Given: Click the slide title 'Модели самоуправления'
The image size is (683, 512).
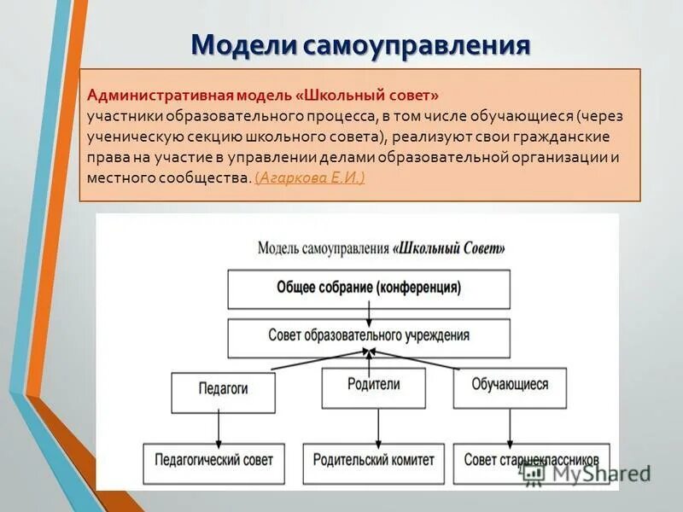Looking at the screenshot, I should [x=359, y=44].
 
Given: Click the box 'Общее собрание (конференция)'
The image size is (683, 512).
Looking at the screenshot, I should [x=368, y=288].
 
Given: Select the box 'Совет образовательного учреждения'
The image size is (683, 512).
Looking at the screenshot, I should [x=368, y=335].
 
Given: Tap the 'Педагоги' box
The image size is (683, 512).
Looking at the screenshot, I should [x=223, y=388].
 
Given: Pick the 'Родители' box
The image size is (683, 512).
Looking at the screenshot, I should [x=373, y=386].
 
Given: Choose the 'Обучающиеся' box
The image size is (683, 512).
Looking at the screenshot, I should [x=510, y=386].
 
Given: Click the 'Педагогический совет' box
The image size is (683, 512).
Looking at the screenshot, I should [x=213, y=459].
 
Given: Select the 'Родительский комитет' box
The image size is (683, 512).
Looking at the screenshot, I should [x=373, y=459].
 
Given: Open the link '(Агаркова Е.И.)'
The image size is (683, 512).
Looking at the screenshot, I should [x=310, y=177].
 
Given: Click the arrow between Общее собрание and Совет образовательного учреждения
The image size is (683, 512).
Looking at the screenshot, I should [x=368, y=315].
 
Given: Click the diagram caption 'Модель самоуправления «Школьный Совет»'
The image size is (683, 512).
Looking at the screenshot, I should [x=381, y=248].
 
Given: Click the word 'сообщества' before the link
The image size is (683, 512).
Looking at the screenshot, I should [x=209, y=177].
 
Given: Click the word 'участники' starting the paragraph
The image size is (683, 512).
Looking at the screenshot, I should [x=117, y=113].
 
